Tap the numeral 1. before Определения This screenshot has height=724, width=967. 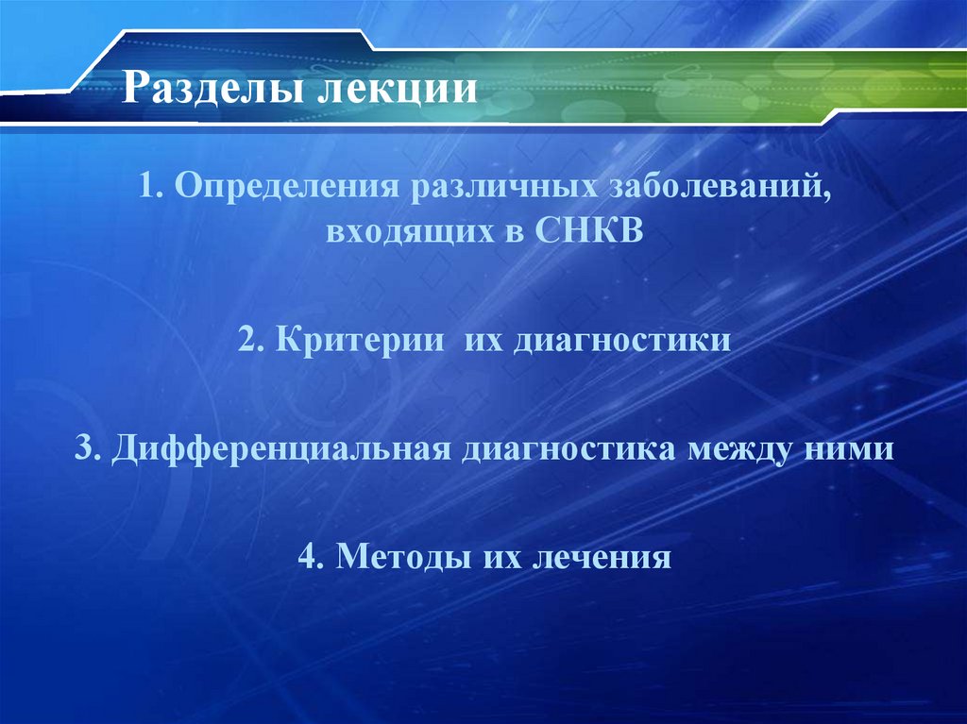(149, 185)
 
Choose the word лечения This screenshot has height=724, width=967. (602, 556)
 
